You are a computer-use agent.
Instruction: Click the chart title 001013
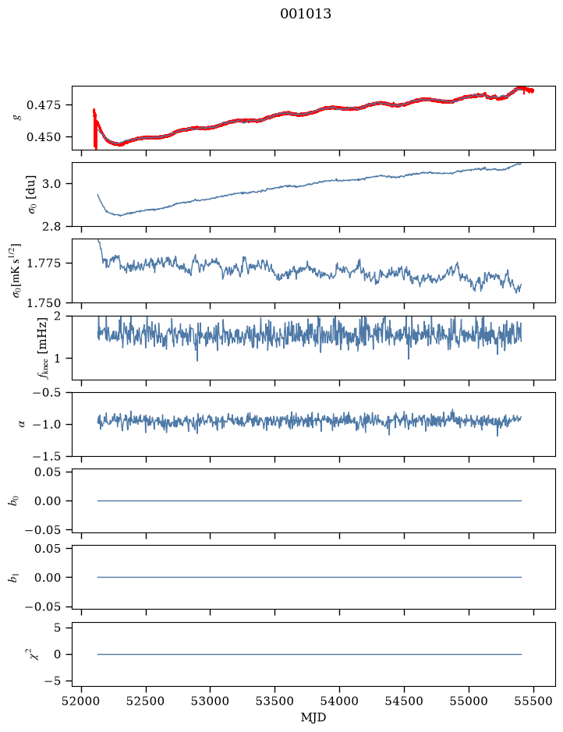[306, 14]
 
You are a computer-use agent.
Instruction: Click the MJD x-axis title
[313, 717]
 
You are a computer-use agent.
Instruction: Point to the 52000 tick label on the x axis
[82, 701]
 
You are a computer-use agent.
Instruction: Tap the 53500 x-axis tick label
[275, 701]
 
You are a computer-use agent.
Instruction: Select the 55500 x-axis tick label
[533, 701]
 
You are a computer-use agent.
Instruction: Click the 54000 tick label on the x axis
[339, 701]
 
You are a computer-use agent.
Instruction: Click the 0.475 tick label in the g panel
[44, 105]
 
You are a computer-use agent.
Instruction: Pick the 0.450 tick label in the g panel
[44, 137]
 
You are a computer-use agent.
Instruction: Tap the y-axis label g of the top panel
[18, 117]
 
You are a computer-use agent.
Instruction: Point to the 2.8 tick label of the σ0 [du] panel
[51, 226]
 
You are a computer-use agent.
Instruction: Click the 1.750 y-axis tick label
[44, 303]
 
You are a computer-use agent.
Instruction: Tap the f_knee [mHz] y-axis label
[43, 348]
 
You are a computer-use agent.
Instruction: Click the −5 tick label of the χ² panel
[53, 681]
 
